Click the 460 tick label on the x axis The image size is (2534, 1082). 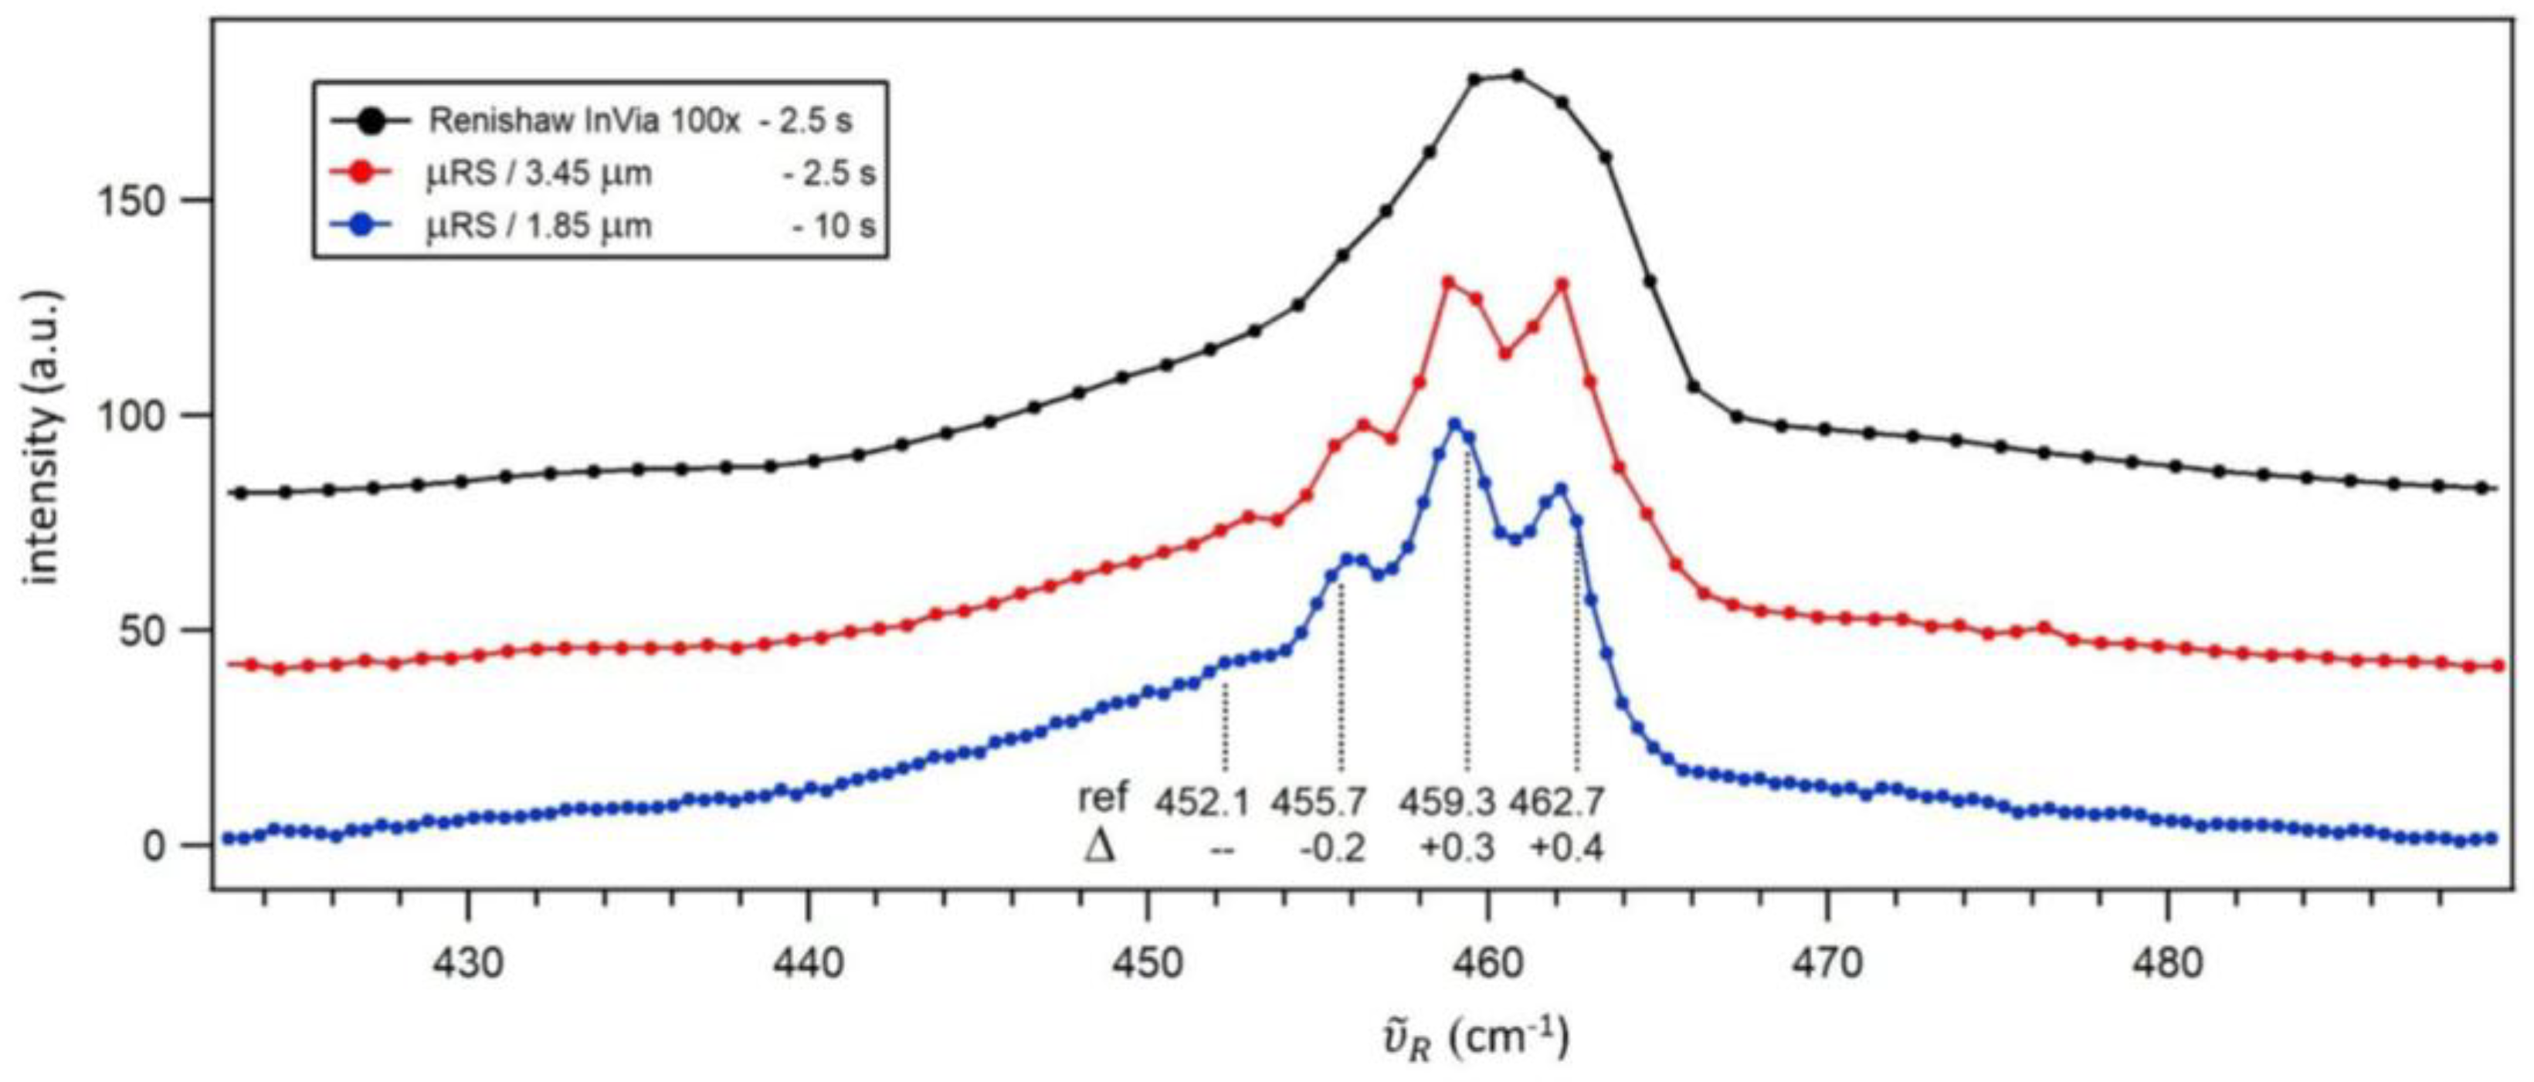click(x=1487, y=965)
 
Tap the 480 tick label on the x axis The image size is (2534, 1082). click(x=2167, y=965)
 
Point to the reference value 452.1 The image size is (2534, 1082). click(x=1202, y=802)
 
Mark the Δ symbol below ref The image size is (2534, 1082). click(x=1101, y=846)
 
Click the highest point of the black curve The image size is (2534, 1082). click(x=1517, y=76)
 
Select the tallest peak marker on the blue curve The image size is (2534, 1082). click(x=1454, y=424)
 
